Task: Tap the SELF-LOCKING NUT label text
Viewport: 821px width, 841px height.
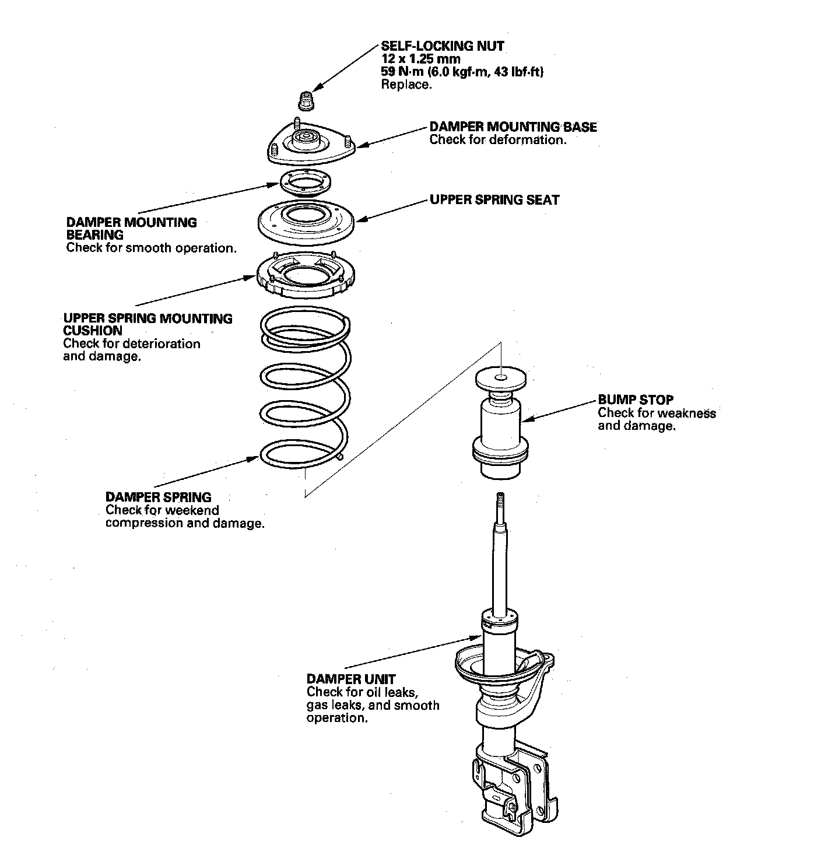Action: (443, 46)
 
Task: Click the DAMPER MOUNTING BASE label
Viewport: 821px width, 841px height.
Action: (513, 127)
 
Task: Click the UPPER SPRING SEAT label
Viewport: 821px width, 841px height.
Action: (494, 200)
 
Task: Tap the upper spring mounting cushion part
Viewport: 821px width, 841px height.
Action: (306, 274)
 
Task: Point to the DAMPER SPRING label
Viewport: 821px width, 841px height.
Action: (158, 497)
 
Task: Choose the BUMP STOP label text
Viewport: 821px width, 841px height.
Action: (636, 400)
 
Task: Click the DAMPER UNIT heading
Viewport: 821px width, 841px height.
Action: (351, 679)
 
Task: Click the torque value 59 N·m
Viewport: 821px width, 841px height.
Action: (405, 72)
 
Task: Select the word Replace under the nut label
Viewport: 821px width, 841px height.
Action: (406, 85)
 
